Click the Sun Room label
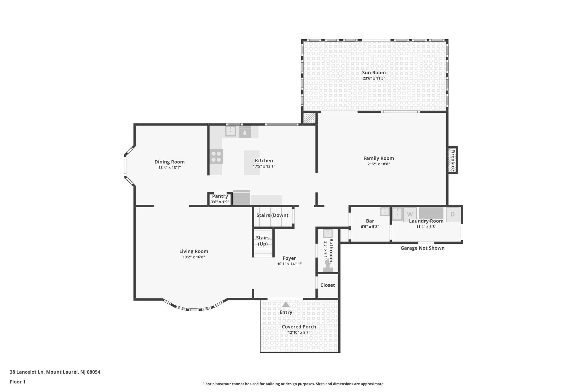click(x=373, y=73)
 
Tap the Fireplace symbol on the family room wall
click(x=453, y=160)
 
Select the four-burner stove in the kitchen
click(x=216, y=157)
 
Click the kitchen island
click(x=252, y=163)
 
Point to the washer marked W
click(x=410, y=214)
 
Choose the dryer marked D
click(x=453, y=214)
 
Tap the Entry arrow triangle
click(x=286, y=305)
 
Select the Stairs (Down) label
click(x=272, y=215)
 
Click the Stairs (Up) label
click(x=263, y=241)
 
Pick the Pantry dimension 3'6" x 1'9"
click(x=220, y=202)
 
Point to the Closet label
click(x=327, y=285)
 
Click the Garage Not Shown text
click(x=422, y=248)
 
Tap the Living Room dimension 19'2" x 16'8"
click(x=194, y=257)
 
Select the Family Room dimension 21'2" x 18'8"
click(x=378, y=164)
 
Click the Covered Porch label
click(x=299, y=327)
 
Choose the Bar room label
click(x=370, y=221)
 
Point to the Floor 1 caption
click(x=17, y=382)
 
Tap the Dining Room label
click(x=169, y=162)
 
